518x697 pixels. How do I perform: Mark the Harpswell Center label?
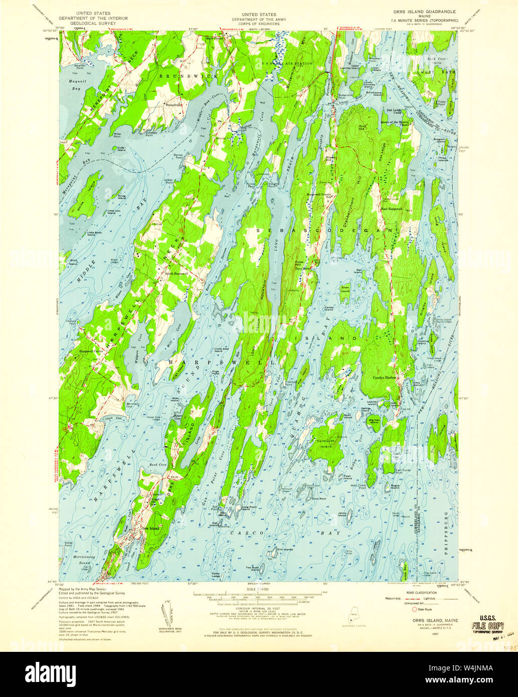click(x=91, y=351)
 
